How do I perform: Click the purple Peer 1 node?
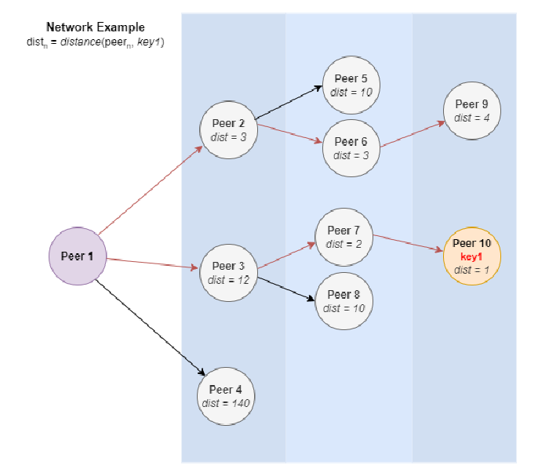click(77, 256)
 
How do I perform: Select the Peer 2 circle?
click(229, 130)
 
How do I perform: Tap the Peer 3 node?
click(229, 273)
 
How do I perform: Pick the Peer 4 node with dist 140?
click(226, 396)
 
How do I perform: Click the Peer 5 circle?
click(351, 85)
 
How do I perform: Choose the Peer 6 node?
click(351, 148)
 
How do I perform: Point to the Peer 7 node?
click(343, 237)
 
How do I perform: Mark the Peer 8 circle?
click(344, 301)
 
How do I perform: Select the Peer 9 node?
click(471, 111)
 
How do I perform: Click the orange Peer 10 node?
click(471, 256)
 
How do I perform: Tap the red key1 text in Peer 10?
click(471, 256)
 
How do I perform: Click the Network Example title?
click(96, 27)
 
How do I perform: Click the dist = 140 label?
click(226, 403)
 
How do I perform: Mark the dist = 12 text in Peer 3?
click(229, 280)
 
